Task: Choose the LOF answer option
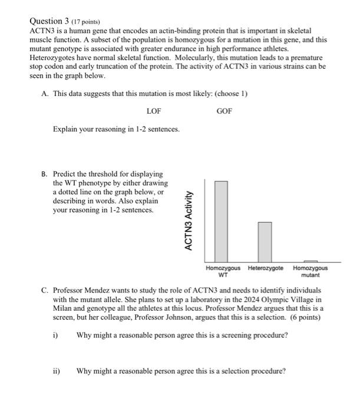coord(154,111)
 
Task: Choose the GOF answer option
coord(224,111)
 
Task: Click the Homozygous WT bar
coord(221,221)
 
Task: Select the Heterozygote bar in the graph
coord(265,241)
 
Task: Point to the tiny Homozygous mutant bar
coord(311,260)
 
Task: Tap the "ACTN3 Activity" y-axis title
coord(189,221)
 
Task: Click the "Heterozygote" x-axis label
coord(265,268)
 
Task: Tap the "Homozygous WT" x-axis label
coord(223,271)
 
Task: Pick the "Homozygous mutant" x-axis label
coord(311,271)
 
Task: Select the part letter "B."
coord(45,174)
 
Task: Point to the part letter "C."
coord(45,291)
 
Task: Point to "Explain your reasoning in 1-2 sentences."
coord(116,129)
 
